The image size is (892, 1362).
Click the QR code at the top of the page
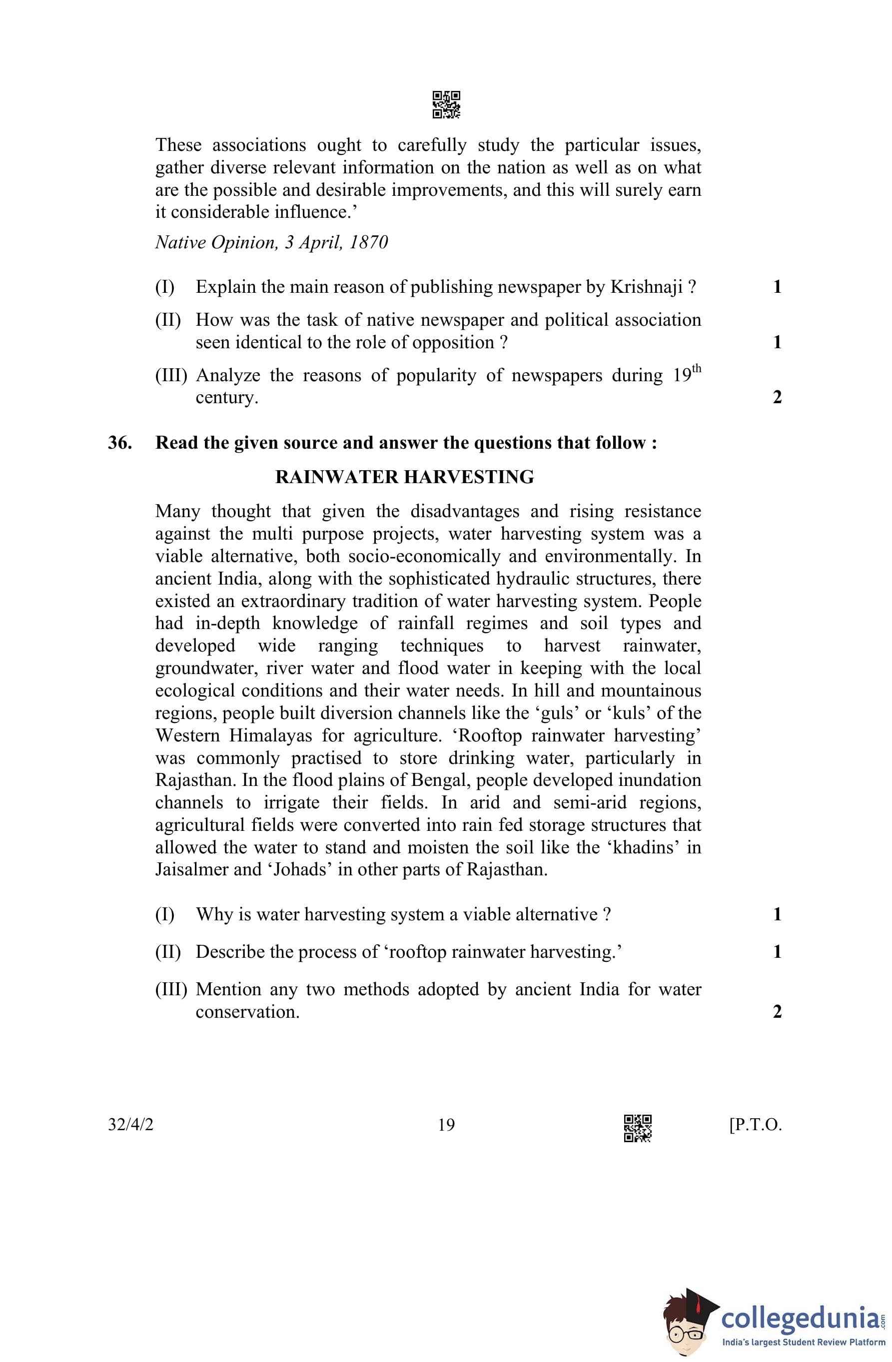coord(446,105)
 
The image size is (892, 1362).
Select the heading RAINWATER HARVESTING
coord(404,477)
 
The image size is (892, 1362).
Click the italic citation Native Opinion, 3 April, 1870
coord(271,243)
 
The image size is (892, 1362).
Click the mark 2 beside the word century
coord(777,397)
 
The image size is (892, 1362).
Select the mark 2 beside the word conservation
coord(777,1012)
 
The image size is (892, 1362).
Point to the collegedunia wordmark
coord(801,1315)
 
